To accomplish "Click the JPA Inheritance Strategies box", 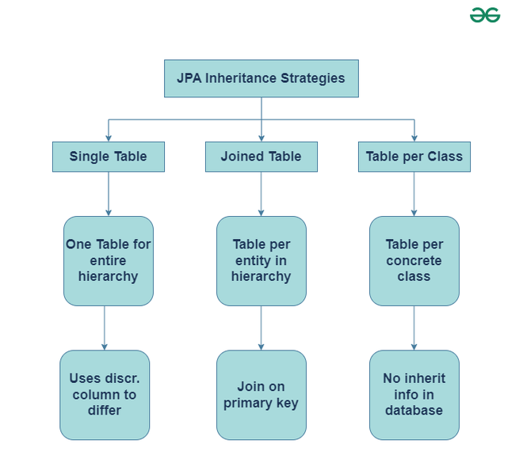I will tap(261, 78).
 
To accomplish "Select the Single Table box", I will tap(108, 157).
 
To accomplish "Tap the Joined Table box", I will tap(261, 157).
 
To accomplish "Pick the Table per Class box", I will tap(414, 157).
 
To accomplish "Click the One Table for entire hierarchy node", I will tap(108, 260).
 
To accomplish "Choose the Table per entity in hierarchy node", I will tap(261, 260).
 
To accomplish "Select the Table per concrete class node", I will tap(414, 260).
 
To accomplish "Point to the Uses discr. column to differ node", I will tap(104, 394).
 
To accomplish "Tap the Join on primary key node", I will tap(261, 394).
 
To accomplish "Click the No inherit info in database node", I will tap(414, 394).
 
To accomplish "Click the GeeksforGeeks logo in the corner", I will tap(485, 15).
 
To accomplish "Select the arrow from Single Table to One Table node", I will tap(108, 194).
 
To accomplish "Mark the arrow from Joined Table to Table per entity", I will tap(261, 194).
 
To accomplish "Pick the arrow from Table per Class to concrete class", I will tap(414, 194).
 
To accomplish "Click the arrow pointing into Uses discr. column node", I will tap(104, 328).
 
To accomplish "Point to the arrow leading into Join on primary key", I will tap(261, 328).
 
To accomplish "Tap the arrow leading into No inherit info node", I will tap(414, 328).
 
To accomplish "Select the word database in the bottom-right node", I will tap(414, 410).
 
